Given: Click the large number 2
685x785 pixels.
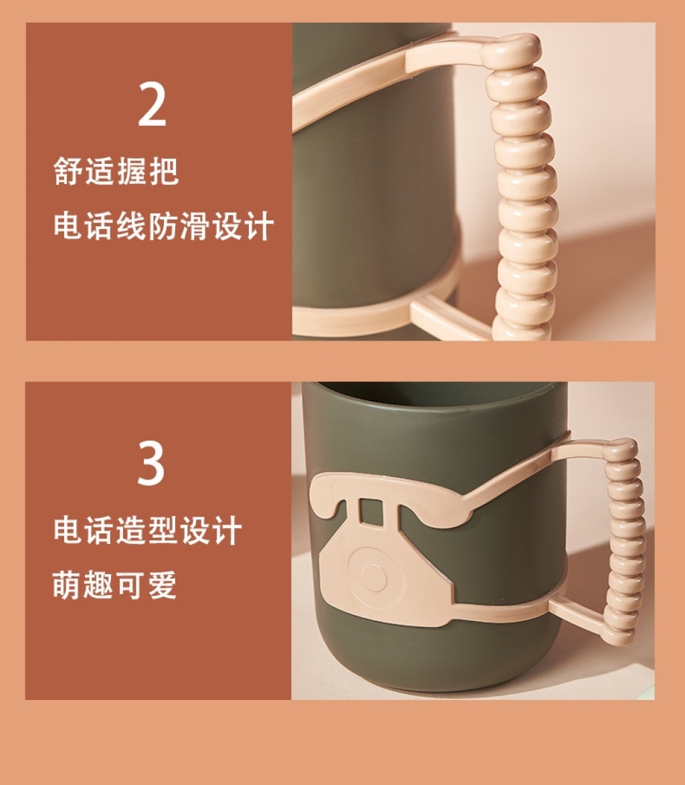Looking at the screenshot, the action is (152, 104).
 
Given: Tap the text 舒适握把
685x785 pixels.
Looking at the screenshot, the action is (116, 171).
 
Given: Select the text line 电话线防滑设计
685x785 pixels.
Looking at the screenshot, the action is (164, 226).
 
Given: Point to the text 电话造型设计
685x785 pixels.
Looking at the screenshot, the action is (148, 530).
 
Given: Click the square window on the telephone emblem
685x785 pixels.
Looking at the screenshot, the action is (371, 512).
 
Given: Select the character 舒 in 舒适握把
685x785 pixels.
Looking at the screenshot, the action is (68, 171).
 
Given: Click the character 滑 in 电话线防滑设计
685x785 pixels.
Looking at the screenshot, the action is (195, 226).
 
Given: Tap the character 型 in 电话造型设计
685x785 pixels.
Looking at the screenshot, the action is (163, 530).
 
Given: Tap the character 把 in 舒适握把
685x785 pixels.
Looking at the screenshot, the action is (164, 171).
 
